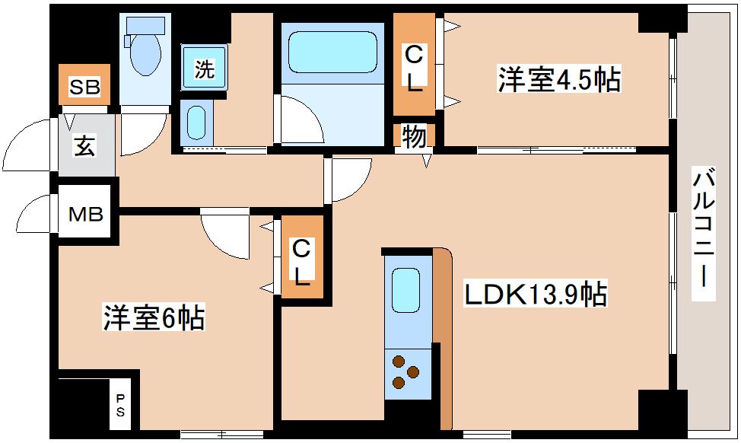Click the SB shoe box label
coord(84,86)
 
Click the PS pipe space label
coord(121,406)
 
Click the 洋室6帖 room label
coord(154,318)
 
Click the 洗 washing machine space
coord(204,69)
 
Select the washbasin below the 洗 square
coord(196,122)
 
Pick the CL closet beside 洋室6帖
coord(302,261)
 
